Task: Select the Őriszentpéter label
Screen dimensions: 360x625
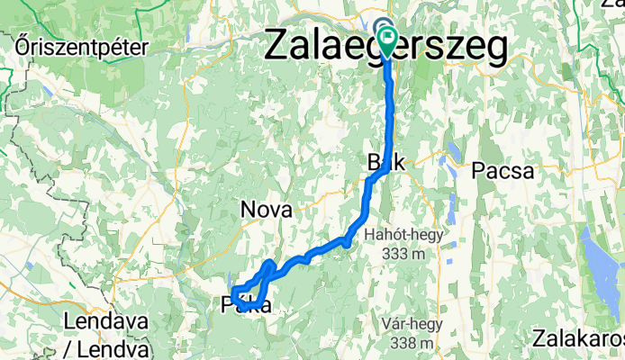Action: [81, 45]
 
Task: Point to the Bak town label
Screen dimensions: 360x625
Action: [385, 163]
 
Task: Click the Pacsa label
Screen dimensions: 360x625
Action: [503, 170]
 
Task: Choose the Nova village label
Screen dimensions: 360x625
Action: [267, 211]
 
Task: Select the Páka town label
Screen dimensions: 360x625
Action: [245, 307]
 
